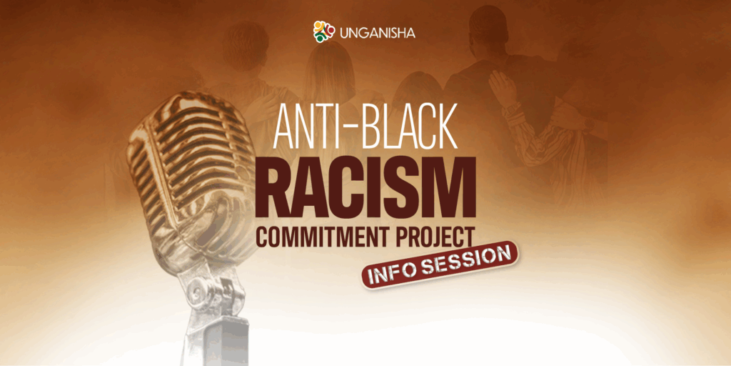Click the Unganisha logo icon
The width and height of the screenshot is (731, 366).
point(324,31)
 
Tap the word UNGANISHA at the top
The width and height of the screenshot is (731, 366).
point(378,33)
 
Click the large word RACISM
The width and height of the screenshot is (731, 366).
point(365,188)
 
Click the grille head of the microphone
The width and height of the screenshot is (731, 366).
point(191,173)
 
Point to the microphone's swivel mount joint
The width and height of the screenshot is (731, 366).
point(212,290)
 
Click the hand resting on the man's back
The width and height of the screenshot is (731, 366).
point(503,89)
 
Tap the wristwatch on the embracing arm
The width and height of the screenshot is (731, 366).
point(513,109)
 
